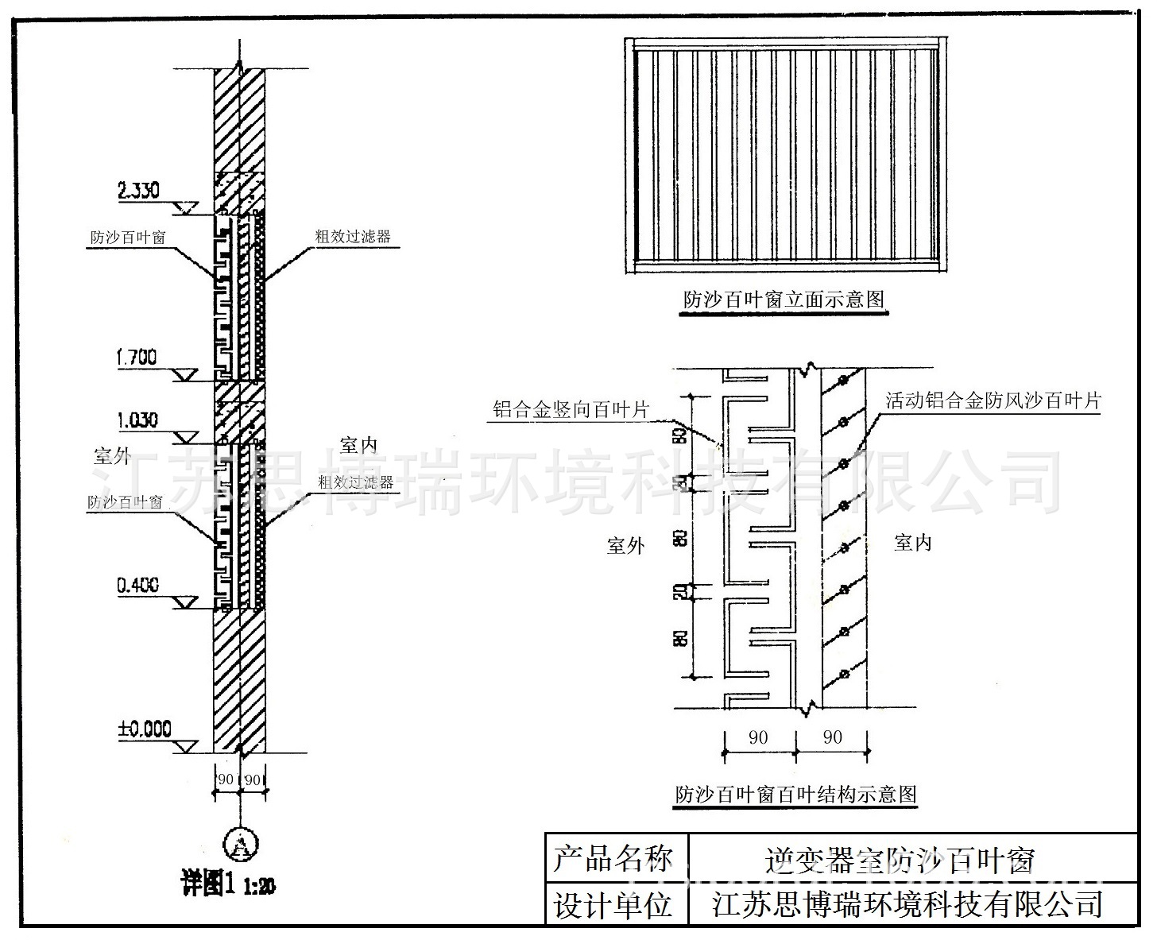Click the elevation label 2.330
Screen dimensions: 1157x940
pyautogui.click(x=138, y=191)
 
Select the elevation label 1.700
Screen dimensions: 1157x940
pyautogui.click(x=137, y=357)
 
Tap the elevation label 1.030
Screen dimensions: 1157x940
pyautogui.click(x=137, y=420)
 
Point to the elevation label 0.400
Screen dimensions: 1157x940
pyautogui.click(x=137, y=586)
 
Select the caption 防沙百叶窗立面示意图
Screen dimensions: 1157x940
pyautogui.click(x=784, y=300)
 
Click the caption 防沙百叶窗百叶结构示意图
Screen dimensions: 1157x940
pyautogui.click(x=795, y=793)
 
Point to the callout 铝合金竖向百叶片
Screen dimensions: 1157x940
pyautogui.click(x=571, y=410)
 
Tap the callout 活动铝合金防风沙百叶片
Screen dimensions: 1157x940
pyautogui.click(x=993, y=400)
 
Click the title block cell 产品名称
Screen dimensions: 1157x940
pyautogui.click(x=613, y=859)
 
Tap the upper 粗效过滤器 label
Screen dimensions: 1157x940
pyautogui.click(x=354, y=236)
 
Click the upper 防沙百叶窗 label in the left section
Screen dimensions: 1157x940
pyautogui.click(x=127, y=238)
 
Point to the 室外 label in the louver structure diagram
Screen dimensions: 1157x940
pyautogui.click(x=625, y=546)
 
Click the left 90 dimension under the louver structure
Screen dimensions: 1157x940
pyautogui.click(x=758, y=737)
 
